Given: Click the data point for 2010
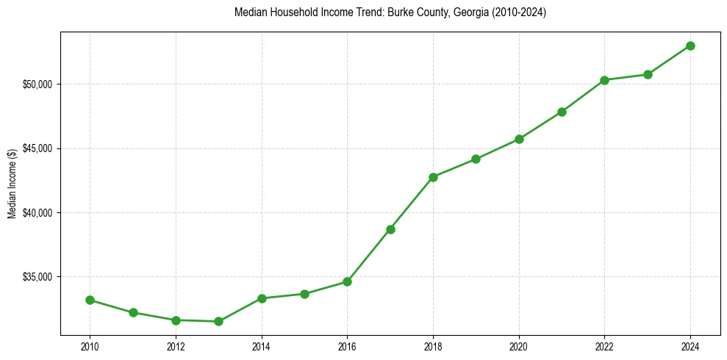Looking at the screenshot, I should click(x=90, y=300).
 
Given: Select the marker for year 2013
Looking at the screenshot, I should click(x=218, y=321).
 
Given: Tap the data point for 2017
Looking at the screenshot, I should click(x=390, y=229).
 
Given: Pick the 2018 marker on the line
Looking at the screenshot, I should click(x=433, y=177).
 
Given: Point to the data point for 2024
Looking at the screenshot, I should click(x=690, y=46).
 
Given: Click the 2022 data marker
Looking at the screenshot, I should click(x=604, y=80).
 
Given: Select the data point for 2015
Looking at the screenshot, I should click(x=304, y=294).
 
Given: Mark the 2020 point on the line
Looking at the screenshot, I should click(x=519, y=139).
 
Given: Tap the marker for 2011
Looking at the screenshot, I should click(x=133, y=312).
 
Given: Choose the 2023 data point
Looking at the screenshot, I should click(x=648, y=74).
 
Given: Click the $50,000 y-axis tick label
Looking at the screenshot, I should click(x=38, y=84).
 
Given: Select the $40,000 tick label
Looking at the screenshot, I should click(x=38, y=213).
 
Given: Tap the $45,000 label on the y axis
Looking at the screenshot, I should click(x=38, y=148).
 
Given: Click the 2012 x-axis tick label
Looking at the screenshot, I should click(x=176, y=346).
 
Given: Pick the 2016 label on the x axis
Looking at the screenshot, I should click(x=347, y=346).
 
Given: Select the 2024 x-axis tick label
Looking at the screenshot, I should click(x=690, y=346).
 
